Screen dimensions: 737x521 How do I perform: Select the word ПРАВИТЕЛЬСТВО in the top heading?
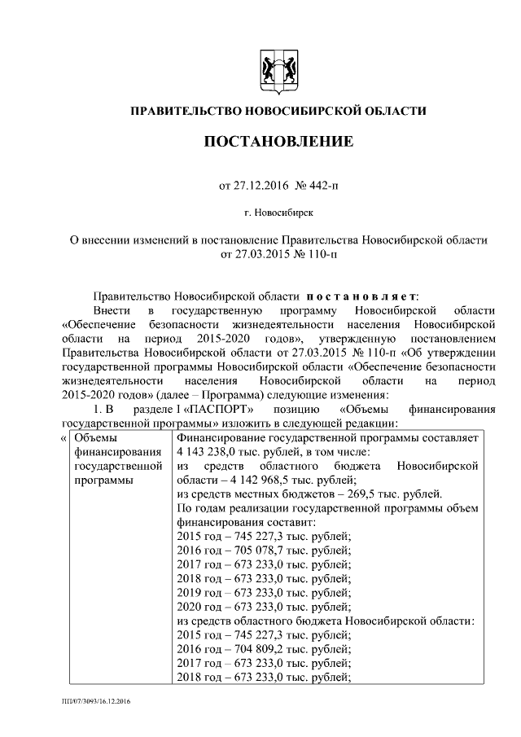pyautogui.click(x=180, y=110)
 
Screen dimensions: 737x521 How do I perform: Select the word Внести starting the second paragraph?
pyautogui.click(x=112, y=311)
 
